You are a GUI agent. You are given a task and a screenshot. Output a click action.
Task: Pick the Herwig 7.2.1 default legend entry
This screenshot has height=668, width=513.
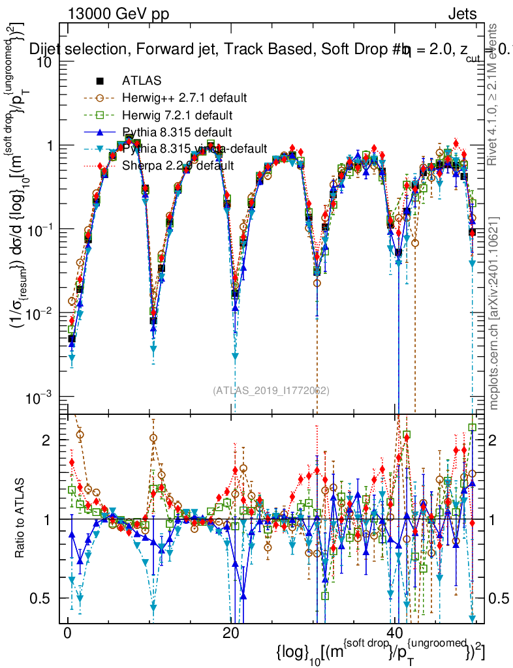[x=177, y=115]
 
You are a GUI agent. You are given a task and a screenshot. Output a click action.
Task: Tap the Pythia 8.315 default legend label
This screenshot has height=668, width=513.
[x=176, y=132]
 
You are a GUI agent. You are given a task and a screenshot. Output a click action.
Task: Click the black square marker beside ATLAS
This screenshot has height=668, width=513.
[x=100, y=82]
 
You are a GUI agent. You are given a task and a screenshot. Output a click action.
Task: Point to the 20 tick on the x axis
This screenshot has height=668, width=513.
[x=230, y=633]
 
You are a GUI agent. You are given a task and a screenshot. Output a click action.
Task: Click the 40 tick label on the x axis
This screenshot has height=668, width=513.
[x=394, y=633]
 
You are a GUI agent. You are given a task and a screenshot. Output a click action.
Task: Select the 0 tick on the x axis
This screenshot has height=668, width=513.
[x=67, y=633]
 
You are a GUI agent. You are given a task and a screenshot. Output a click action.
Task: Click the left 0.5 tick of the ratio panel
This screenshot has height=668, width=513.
[x=40, y=598]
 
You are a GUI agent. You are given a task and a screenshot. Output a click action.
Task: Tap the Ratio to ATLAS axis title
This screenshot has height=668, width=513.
[x=21, y=519]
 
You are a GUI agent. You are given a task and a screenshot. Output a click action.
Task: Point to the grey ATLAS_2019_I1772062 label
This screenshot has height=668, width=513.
[x=271, y=391]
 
